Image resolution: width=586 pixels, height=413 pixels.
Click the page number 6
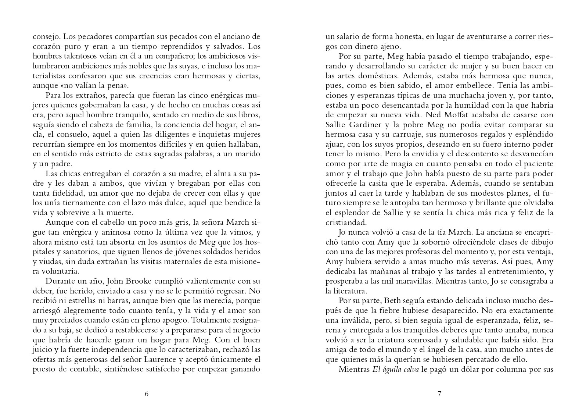pyautogui.click(x=147, y=394)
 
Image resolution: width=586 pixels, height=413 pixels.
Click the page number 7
pyautogui.click(x=439, y=394)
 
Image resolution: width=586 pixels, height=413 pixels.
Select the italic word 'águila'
pyautogui.click(x=392, y=369)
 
